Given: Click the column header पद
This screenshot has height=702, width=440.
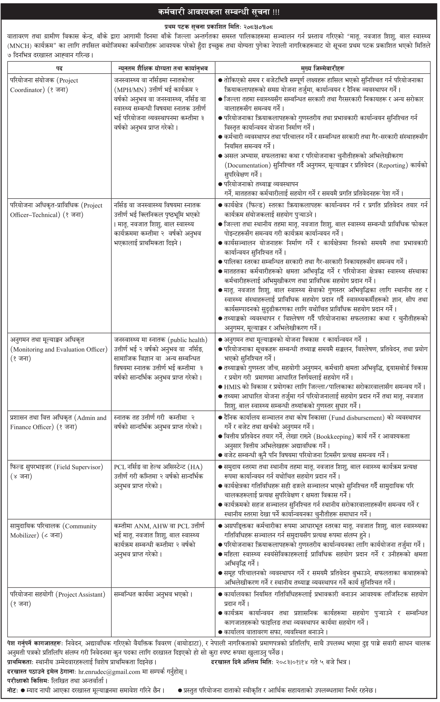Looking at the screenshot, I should tap(59, 68).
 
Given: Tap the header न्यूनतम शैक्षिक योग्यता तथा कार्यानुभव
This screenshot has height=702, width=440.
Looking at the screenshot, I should tap(163, 68).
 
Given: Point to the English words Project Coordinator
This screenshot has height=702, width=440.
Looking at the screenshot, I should tap(44, 85).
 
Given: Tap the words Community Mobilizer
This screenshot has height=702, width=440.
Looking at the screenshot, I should tap(52, 530).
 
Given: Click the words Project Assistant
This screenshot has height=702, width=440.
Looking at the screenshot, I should tap(81, 594).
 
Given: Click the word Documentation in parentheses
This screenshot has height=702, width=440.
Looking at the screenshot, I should tap(248, 166).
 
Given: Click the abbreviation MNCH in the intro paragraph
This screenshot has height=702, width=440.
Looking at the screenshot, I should tap(20, 46).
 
